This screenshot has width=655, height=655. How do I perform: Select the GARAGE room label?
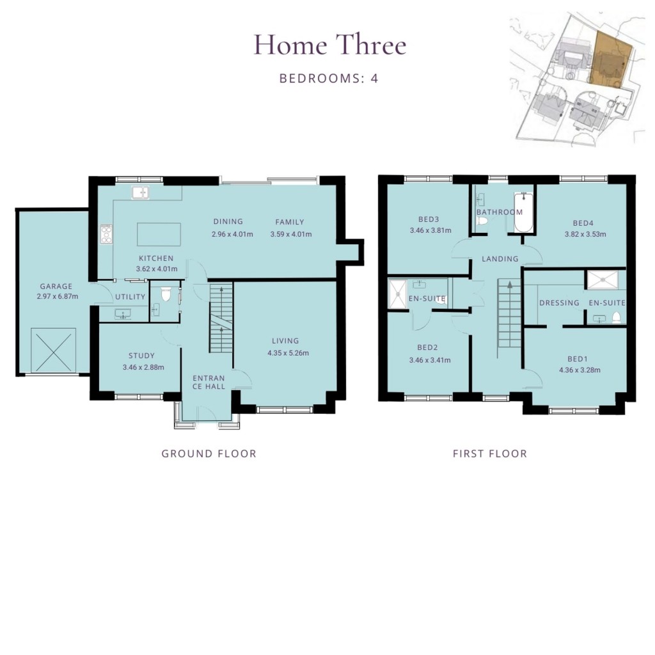pos(56,287)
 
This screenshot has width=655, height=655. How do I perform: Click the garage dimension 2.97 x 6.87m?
pos(56,297)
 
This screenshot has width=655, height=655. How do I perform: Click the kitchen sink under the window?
pos(140,192)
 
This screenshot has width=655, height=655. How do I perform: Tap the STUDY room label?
pos(141,356)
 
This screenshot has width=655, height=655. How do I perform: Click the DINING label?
pos(228,222)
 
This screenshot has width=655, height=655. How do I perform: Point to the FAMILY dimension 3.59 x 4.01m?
pos(290,234)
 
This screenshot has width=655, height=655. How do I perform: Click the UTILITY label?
pos(130,297)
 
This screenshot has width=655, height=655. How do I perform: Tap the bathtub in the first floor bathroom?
pos(523,214)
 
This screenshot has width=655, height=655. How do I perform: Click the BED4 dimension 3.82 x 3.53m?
pos(584,234)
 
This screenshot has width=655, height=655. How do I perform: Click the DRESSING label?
pos(559,303)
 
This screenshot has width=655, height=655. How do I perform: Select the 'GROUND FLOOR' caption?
pos(209,454)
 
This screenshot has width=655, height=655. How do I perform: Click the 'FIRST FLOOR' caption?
pos(489,454)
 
